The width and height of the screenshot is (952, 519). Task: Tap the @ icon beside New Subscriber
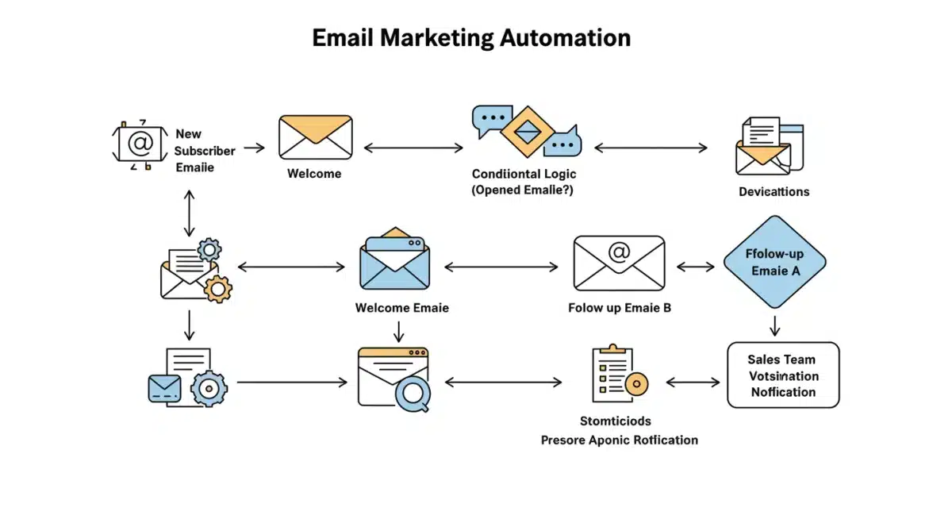[x=140, y=144]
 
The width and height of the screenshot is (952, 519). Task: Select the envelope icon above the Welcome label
[x=315, y=137]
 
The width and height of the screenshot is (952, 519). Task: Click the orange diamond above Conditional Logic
[x=525, y=130]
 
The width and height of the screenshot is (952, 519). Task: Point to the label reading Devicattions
[x=773, y=191]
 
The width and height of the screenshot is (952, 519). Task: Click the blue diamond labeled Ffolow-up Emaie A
[x=774, y=262]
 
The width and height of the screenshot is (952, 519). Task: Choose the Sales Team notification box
[x=783, y=375]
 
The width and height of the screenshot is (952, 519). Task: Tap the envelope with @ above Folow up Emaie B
[x=619, y=262]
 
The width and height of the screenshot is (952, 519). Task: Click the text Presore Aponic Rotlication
[x=620, y=440]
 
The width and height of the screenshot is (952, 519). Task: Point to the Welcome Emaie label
[x=401, y=308]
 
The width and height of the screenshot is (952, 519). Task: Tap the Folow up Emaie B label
[x=620, y=308]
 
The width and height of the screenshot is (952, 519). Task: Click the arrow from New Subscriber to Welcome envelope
[x=254, y=148]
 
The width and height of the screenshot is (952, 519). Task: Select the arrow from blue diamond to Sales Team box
[x=775, y=325]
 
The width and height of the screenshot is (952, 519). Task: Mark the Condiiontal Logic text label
[x=524, y=174]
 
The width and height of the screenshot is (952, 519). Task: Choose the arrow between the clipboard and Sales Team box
[x=692, y=383]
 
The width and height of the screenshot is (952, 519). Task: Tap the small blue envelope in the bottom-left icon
[x=165, y=387]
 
